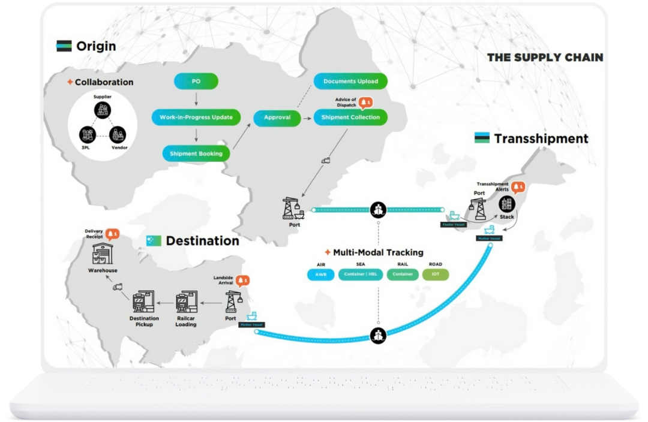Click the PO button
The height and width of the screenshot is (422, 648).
coord(196,81)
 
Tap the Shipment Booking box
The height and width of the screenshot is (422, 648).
coord(196,153)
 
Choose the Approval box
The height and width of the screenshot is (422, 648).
coord(277,117)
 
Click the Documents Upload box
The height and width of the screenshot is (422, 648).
coord(350,81)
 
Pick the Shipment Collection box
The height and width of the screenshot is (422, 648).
coord(350,117)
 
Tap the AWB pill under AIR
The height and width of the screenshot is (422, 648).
coord(320,275)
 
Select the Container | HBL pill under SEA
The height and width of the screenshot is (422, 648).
coord(361,275)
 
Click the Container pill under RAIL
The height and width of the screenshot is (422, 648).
coord(403,275)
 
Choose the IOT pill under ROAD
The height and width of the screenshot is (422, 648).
coord(436,275)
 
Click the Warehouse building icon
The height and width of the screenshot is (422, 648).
coord(103,254)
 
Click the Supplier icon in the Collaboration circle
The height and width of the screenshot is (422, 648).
coord(102,110)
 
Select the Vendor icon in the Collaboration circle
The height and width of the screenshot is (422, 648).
coord(118,134)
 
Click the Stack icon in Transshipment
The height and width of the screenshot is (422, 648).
coord(507,204)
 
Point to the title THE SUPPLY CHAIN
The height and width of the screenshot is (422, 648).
coord(545,58)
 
